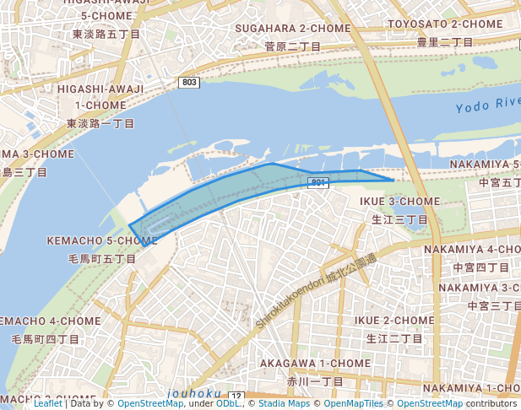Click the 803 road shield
190,82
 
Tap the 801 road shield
317,182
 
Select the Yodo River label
487,105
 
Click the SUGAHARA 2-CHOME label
292,29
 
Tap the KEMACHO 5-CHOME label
102,241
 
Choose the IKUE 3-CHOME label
400,202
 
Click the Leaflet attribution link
48,403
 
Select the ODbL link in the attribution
228,403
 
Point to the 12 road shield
236,397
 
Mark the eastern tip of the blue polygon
393,180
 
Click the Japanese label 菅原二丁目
293,46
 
